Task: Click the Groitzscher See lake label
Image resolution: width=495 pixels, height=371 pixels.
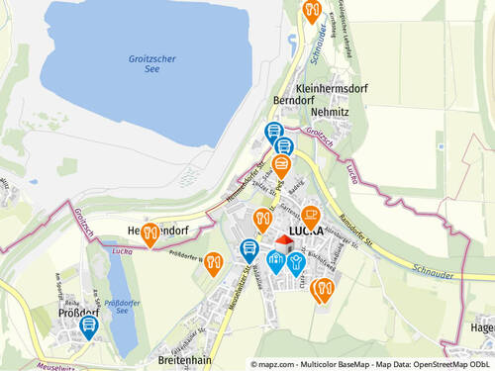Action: click(x=151, y=64)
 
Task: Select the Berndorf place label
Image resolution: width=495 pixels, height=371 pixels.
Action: click(x=294, y=101)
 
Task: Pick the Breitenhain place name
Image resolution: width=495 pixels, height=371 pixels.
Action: click(x=184, y=361)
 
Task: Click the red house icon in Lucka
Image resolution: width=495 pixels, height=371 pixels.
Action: click(x=284, y=240)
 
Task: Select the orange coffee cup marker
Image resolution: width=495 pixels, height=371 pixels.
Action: click(x=311, y=215)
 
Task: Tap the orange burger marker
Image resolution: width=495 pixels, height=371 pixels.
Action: click(x=281, y=164)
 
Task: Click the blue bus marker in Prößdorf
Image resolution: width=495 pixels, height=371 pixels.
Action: click(x=89, y=325)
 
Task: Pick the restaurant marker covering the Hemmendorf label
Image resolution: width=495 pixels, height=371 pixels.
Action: click(x=150, y=233)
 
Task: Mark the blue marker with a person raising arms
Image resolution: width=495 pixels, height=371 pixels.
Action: click(x=296, y=261)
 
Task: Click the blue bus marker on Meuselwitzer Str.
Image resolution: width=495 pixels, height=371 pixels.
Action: click(x=249, y=249)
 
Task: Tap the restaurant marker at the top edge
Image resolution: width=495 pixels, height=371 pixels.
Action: click(x=312, y=10)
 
